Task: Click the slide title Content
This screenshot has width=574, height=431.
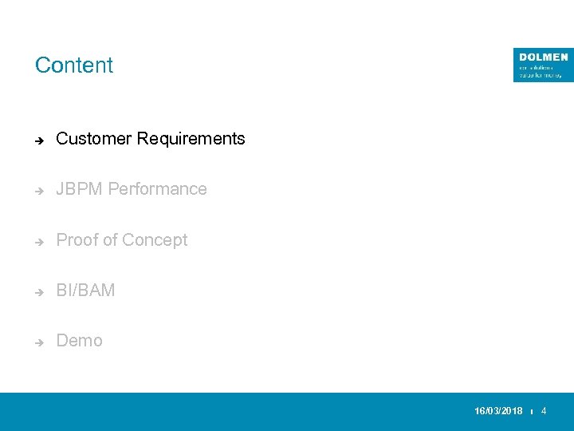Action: [74, 65]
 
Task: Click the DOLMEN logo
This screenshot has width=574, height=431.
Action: [542, 65]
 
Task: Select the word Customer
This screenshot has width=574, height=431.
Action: [94, 139]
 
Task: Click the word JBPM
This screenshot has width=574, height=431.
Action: [80, 189]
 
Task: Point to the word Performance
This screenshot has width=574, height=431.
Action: [157, 189]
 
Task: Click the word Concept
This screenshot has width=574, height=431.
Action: [155, 240]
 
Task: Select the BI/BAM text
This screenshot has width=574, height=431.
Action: [85, 291]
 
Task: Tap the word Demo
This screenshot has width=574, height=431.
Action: [79, 341]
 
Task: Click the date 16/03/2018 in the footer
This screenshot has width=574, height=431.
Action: [498, 411]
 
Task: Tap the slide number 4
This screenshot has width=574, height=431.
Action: [544, 411]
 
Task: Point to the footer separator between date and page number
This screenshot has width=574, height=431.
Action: [532, 412]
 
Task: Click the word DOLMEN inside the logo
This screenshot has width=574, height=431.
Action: [543, 57]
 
